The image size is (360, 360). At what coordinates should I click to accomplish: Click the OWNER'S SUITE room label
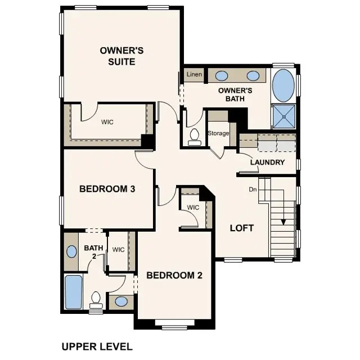pos(122,56)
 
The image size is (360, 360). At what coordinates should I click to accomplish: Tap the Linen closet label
pos(194,74)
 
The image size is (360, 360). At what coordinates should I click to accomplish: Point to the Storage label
pos(218,133)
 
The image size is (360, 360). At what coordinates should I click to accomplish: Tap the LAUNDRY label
pos(267,163)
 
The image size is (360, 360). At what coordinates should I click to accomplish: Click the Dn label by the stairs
pos(253,190)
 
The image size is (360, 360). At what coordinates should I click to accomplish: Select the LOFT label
pos(242,228)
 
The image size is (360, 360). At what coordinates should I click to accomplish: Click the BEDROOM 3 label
pos(107,189)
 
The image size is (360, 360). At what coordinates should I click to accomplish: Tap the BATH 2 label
pos(93,251)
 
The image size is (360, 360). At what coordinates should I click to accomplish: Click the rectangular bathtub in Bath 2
pos(74,292)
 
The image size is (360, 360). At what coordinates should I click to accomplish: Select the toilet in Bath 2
pos(96,300)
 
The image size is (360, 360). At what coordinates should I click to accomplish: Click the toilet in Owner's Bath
pos(195,137)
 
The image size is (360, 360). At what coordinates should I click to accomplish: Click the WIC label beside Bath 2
pos(118,250)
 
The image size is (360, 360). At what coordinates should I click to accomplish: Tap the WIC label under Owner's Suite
pos(108,121)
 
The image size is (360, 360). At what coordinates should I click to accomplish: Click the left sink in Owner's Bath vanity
pos(222,75)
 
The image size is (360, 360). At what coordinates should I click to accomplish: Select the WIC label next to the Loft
pos(193,208)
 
